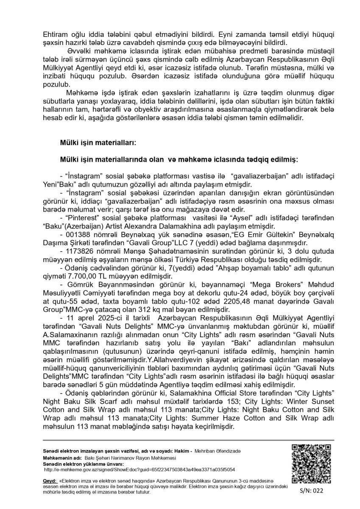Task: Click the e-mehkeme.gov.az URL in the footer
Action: pos(140,470)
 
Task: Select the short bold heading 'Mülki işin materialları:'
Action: pos(98,143)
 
